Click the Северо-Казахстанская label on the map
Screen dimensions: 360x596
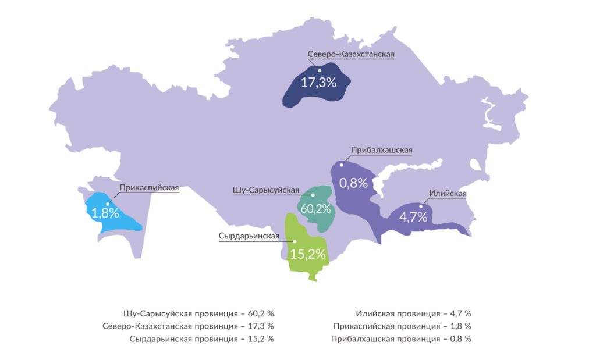(352, 54)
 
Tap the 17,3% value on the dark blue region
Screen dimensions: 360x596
(318, 83)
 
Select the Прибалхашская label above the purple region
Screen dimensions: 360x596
(381, 150)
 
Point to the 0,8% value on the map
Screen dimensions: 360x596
(353, 183)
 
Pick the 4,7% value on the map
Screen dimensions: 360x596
(413, 218)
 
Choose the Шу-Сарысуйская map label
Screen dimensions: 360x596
(265, 190)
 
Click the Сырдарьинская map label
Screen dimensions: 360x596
(249, 236)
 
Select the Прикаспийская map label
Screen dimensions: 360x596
(149, 188)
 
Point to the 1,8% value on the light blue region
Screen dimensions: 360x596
(105, 213)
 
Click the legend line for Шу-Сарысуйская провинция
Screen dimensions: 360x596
(198, 313)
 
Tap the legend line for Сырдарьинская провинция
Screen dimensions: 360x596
(201, 338)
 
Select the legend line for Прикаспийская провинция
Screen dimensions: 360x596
(402, 326)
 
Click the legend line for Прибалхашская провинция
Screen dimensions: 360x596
(401, 338)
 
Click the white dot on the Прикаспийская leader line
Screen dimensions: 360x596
(108, 204)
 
